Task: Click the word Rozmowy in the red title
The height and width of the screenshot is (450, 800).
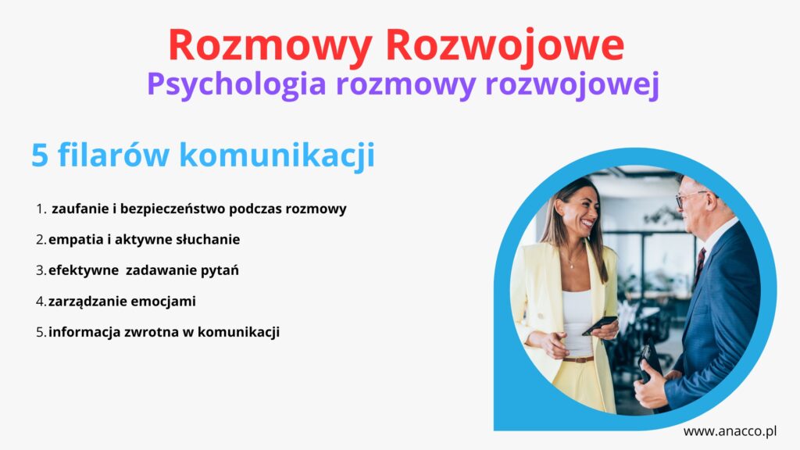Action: [270, 46]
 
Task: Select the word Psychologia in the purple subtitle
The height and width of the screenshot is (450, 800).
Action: [237, 84]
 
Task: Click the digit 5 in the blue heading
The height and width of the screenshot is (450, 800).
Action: [40, 155]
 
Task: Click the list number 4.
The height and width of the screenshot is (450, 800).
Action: [41, 302]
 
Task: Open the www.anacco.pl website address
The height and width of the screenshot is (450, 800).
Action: [730, 431]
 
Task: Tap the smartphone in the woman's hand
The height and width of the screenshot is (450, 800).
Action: [599, 326]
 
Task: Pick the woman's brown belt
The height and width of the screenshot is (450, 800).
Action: [577, 359]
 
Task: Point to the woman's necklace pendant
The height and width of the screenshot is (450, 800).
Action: [573, 266]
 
